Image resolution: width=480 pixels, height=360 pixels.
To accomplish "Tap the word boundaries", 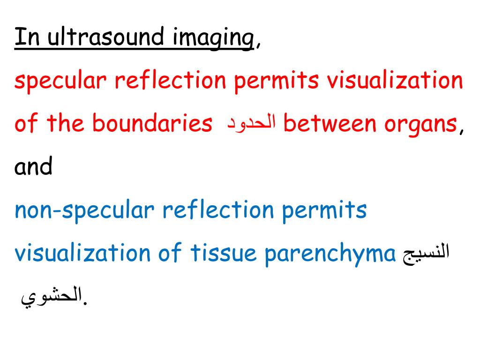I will (x=152, y=124).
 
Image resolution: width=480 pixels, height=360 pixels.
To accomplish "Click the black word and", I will (x=33, y=167).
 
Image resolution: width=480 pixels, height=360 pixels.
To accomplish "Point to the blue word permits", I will (x=324, y=210).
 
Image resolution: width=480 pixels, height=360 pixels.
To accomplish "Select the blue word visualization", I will (x=82, y=253).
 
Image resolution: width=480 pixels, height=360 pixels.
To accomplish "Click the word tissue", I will (x=224, y=253).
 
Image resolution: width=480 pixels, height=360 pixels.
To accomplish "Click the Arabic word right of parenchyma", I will (x=426, y=254).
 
